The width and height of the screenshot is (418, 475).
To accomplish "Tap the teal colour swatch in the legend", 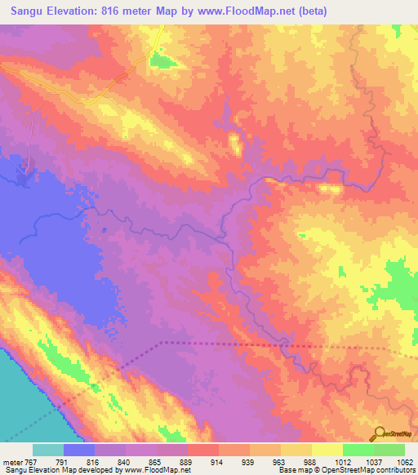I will click(48, 450).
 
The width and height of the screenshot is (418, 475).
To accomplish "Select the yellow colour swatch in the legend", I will click(327, 450).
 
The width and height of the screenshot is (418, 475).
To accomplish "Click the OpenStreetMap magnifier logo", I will click(380, 433).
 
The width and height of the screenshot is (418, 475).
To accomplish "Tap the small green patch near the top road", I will click(163, 60).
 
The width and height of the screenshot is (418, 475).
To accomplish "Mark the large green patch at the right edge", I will click(400, 286).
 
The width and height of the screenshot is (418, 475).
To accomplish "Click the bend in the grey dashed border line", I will click(162, 343).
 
